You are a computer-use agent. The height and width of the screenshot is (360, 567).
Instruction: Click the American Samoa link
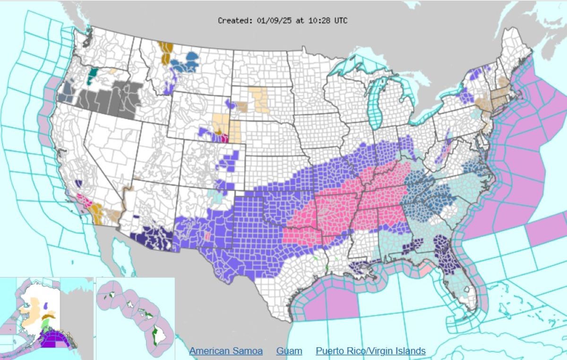[x=226, y=351]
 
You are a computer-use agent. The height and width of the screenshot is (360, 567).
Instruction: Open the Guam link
[x=289, y=351]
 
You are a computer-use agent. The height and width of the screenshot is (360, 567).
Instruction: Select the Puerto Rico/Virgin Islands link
[x=370, y=351]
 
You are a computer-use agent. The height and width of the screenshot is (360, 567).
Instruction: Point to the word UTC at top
[x=340, y=21]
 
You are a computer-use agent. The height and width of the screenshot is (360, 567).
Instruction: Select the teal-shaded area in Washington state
[x=93, y=75]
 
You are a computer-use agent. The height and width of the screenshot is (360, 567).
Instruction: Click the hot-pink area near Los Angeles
[x=85, y=200]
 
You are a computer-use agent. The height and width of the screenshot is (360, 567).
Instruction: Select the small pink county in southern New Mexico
[x=206, y=236]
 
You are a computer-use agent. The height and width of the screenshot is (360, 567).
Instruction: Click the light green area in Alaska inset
[x=45, y=324]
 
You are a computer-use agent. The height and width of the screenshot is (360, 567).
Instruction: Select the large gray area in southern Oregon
[x=109, y=99]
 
